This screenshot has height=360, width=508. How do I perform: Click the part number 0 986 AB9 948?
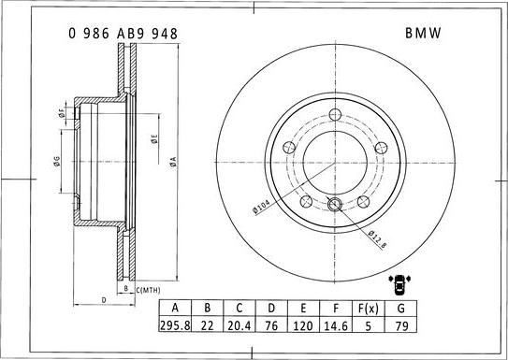tap(123, 34)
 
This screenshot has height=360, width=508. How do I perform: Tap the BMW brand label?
tap(423, 33)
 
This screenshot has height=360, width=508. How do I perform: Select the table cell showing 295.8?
tap(175, 324)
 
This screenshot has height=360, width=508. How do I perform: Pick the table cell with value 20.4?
tap(239, 324)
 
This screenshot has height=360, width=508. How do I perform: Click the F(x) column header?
tap(368, 309)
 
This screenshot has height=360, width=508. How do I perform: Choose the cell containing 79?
tap(401, 324)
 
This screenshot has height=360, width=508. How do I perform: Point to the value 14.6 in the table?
tap(336, 324)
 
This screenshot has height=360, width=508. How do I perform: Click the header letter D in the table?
tap(271, 309)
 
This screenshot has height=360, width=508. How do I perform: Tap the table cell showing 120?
tap(303, 324)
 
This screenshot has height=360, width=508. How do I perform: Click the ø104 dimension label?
tap(261, 207)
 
